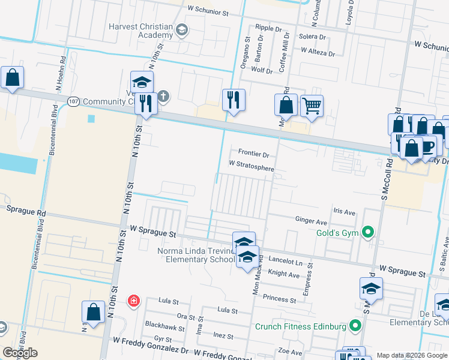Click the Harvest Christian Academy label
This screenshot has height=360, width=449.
click(140, 31)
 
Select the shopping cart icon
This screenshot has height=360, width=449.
click(312, 107)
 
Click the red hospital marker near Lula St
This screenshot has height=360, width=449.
click(133, 300)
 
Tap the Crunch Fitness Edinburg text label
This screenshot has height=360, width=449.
click(301, 327)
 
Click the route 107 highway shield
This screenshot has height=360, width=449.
click(73, 101)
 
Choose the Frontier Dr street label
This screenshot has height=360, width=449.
click(253, 153)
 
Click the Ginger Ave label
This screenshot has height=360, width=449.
click(311, 220)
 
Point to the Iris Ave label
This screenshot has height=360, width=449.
click(345, 212)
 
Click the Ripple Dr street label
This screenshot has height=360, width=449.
click(268, 28)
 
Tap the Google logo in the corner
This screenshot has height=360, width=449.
click(20, 353)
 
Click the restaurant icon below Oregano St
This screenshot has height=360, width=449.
click(234, 100)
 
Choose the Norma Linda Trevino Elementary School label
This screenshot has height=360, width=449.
click(196, 255)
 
